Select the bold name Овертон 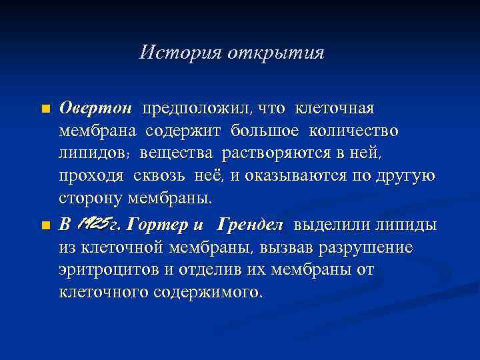click(96, 108)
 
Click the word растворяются click(268, 154)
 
